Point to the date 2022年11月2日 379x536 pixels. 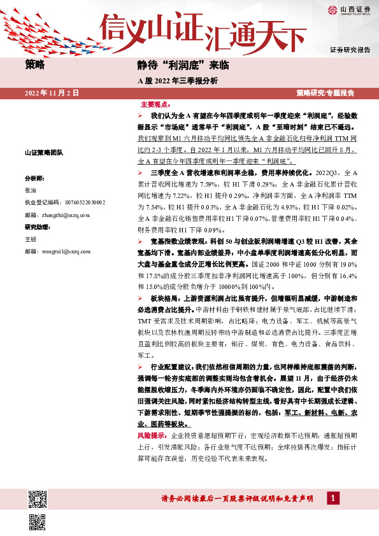coord(52,94)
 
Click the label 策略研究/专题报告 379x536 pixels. coord(325,94)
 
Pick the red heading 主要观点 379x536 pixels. coord(155,104)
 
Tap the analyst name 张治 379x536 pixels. coord(31,190)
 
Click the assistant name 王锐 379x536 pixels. coord(31,239)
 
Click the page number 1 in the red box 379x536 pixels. coord(332,498)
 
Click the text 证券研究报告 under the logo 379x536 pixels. coord(350,50)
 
